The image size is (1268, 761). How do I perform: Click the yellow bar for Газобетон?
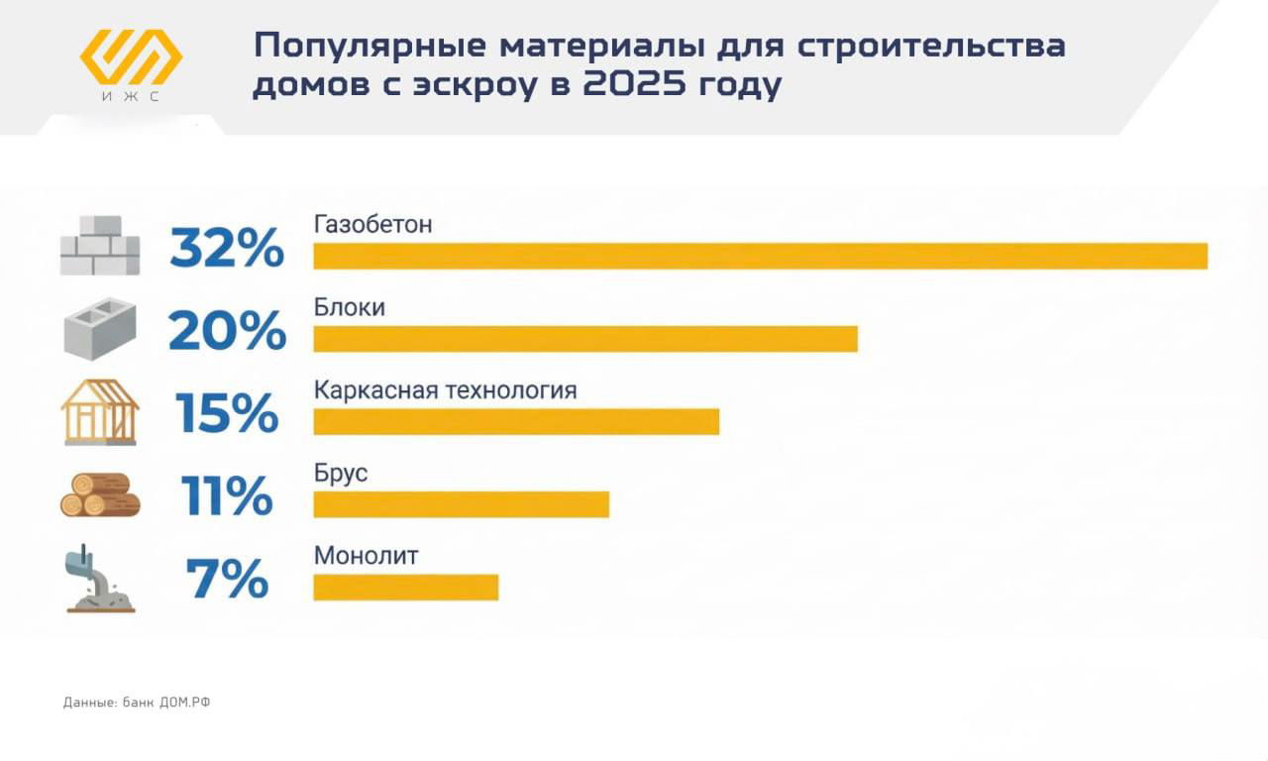(760, 256)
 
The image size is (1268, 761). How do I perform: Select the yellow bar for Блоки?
(584, 339)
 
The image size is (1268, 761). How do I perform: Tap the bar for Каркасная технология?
(516, 421)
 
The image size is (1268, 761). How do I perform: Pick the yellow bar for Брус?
(461, 504)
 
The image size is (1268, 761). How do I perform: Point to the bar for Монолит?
(405, 587)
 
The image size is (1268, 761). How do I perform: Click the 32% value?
(227, 248)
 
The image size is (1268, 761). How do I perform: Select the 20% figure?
(227, 331)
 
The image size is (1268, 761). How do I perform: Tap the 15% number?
(227, 413)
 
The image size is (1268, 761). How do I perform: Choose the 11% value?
(227, 495)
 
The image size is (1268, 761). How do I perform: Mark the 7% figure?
(227, 579)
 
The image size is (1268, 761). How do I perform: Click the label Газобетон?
(373, 224)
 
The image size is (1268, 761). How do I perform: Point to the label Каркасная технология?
(445, 389)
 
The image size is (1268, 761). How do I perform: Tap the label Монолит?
(366, 556)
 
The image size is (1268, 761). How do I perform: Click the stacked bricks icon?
(100, 246)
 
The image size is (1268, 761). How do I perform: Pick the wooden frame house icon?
(100, 412)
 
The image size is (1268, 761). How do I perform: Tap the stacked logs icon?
(100, 495)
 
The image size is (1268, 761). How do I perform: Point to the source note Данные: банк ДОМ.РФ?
(137, 703)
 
